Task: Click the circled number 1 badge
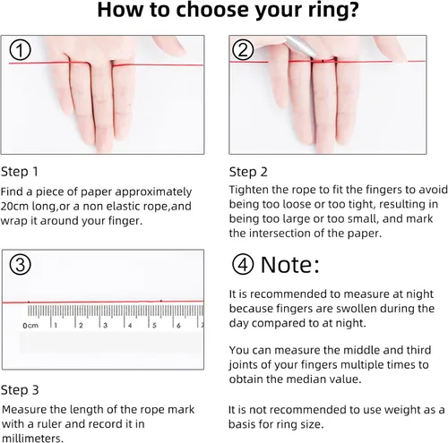click(20, 50)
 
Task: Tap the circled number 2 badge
click(243, 50)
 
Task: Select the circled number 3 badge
click(20, 264)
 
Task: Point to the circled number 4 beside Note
click(243, 264)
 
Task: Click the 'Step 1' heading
click(20, 172)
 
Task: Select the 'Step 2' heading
click(248, 172)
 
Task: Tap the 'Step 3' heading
click(20, 390)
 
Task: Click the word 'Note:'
click(290, 264)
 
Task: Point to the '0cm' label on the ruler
click(30, 326)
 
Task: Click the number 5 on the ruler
click(154, 326)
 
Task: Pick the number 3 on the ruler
click(106, 326)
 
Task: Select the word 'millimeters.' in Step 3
click(32, 439)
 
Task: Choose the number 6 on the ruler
click(178, 326)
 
